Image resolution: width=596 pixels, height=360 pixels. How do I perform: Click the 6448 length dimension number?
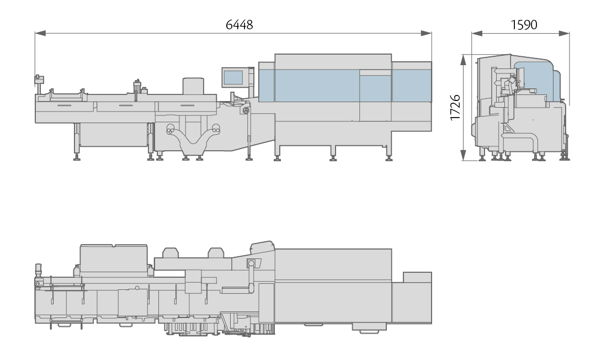(x=239, y=25)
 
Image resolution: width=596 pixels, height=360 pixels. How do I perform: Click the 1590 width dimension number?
(x=524, y=25)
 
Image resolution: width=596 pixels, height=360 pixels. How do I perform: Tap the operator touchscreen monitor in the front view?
(x=233, y=77)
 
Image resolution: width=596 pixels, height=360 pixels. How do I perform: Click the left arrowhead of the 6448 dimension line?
(x=40, y=34)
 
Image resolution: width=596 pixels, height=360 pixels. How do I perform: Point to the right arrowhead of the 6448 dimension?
(x=427, y=34)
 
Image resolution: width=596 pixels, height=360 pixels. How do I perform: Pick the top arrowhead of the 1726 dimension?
(x=463, y=60)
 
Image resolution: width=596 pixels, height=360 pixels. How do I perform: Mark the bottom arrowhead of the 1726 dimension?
(x=463, y=155)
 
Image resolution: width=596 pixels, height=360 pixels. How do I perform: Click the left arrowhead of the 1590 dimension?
(x=477, y=34)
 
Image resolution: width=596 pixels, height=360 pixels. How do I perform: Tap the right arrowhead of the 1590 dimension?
(x=564, y=34)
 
